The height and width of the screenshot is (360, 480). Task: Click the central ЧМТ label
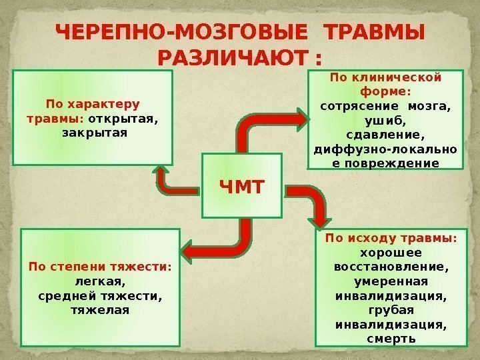tap(242, 184)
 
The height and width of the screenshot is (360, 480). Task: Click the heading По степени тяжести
tap(100, 267)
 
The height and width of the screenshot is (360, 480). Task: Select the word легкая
tap(100, 281)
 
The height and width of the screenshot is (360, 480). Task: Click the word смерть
tap(391, 339)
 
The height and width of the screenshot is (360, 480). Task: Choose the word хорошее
tap(391, 253)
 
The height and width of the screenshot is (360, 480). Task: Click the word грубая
tap(391, 310)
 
